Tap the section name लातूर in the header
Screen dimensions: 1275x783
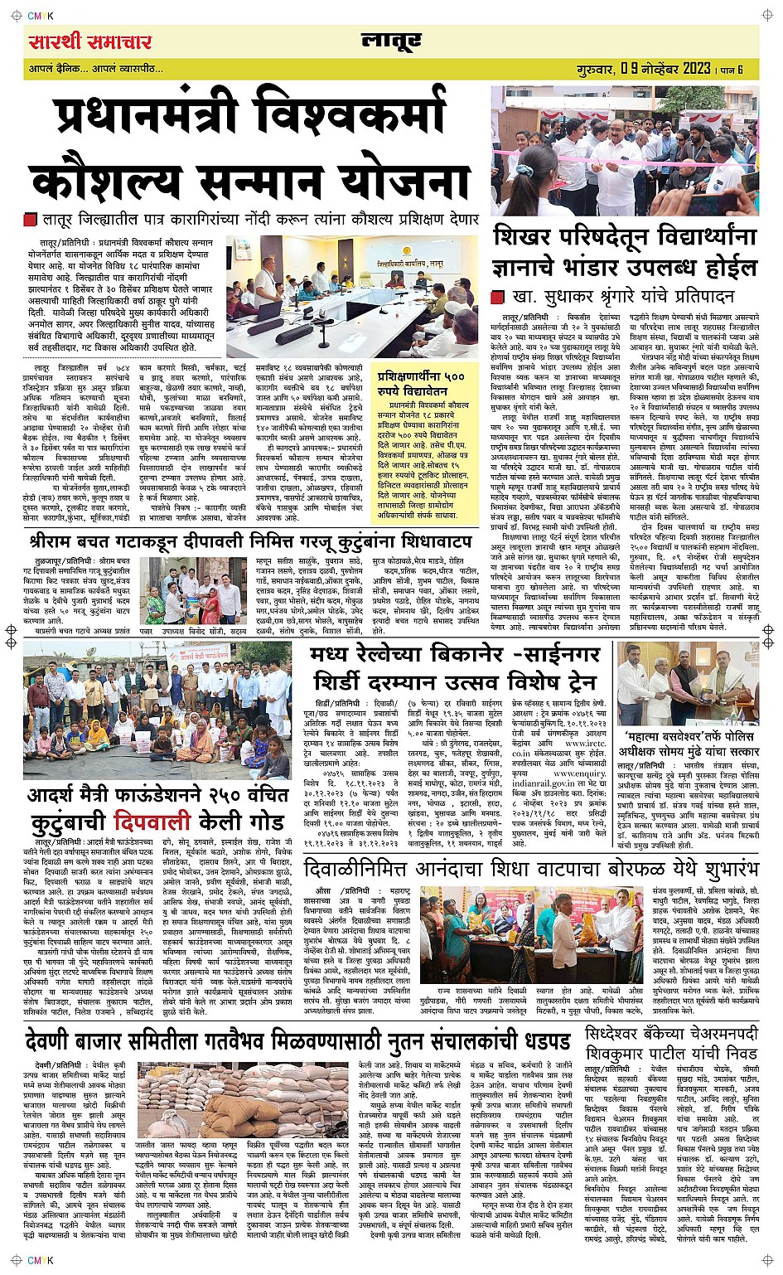390,41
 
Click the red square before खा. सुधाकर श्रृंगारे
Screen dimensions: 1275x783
497,297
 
